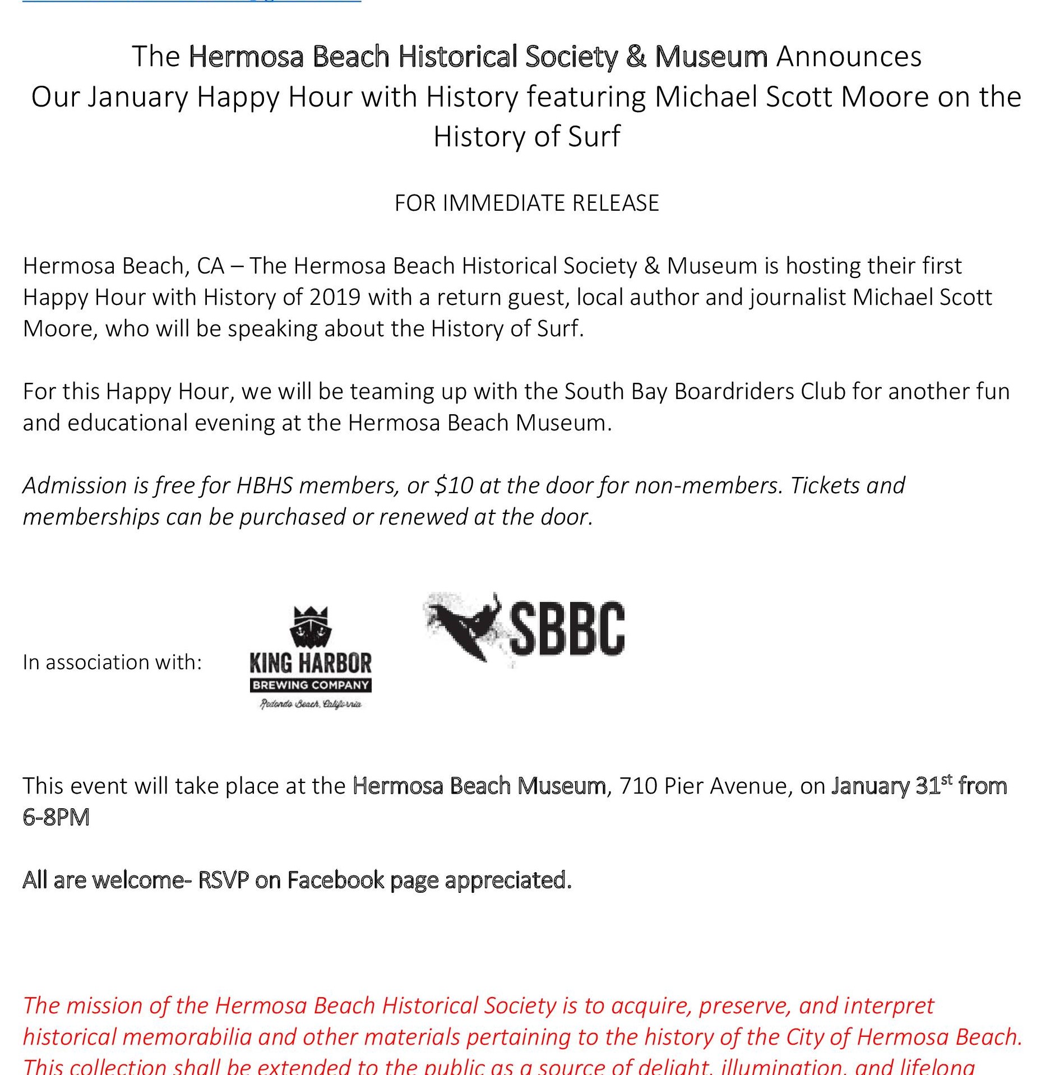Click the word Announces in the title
coord(849,57)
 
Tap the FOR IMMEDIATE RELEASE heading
coord(526,203)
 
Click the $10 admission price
coord(454,485)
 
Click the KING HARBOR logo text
coord(311,664)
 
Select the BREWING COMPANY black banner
coord(311,685)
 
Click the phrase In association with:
coord(112,662)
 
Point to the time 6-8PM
coord(56,817)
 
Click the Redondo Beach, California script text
coord(311,704)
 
